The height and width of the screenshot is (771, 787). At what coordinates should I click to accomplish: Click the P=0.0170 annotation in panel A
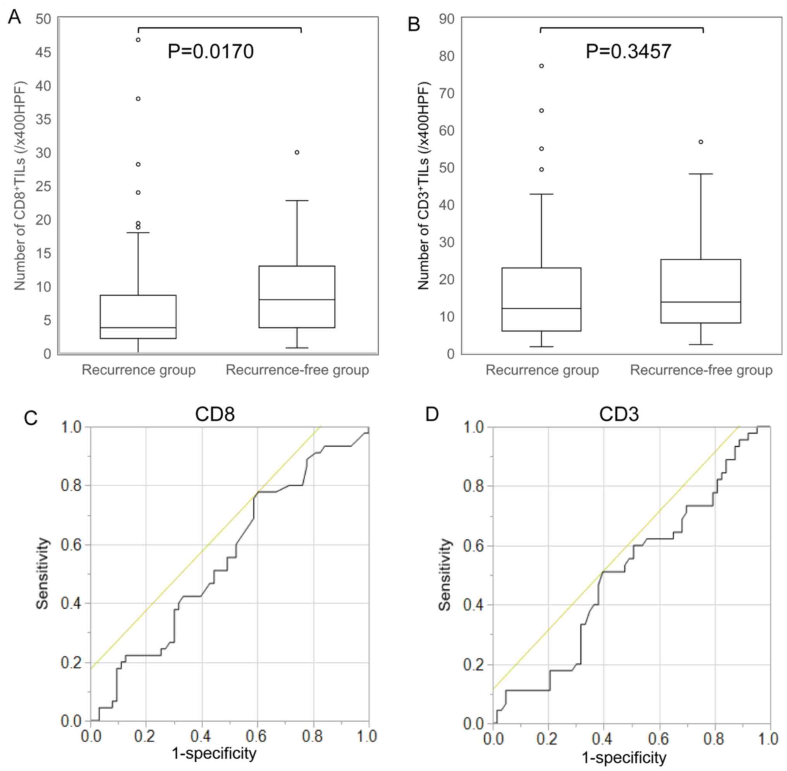[211, 52]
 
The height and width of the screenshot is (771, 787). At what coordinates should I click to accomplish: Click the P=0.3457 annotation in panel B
[628, 52]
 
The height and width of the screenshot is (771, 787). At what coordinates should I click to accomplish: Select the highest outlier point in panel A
[138, 40]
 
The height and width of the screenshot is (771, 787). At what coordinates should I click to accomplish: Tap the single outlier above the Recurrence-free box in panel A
[297, 152]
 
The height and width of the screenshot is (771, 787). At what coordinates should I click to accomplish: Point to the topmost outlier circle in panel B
[541, 66]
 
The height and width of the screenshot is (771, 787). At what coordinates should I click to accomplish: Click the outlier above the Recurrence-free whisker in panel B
[701, 142]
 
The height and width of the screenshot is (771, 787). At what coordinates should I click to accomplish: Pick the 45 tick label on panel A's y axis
[43, 53]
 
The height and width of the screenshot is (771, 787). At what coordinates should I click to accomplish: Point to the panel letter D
[432, 415]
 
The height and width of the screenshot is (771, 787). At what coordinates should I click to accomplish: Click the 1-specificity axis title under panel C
[214, 754]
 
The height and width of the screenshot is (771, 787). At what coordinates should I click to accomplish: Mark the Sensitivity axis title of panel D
[445, 575]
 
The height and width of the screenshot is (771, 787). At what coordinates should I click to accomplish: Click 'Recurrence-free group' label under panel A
[297, 370]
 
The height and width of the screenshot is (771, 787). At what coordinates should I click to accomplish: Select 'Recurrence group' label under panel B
[542, 370]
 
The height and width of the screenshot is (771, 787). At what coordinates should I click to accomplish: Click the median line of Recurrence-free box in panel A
[297, 299]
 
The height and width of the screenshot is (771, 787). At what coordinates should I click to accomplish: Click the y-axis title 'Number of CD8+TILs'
[20, 186]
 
